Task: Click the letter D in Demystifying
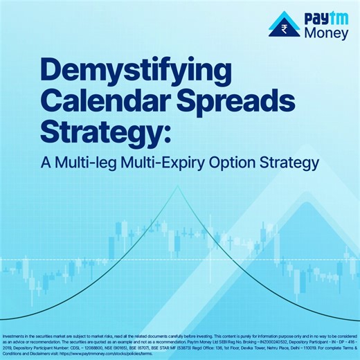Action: click(53, 72)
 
